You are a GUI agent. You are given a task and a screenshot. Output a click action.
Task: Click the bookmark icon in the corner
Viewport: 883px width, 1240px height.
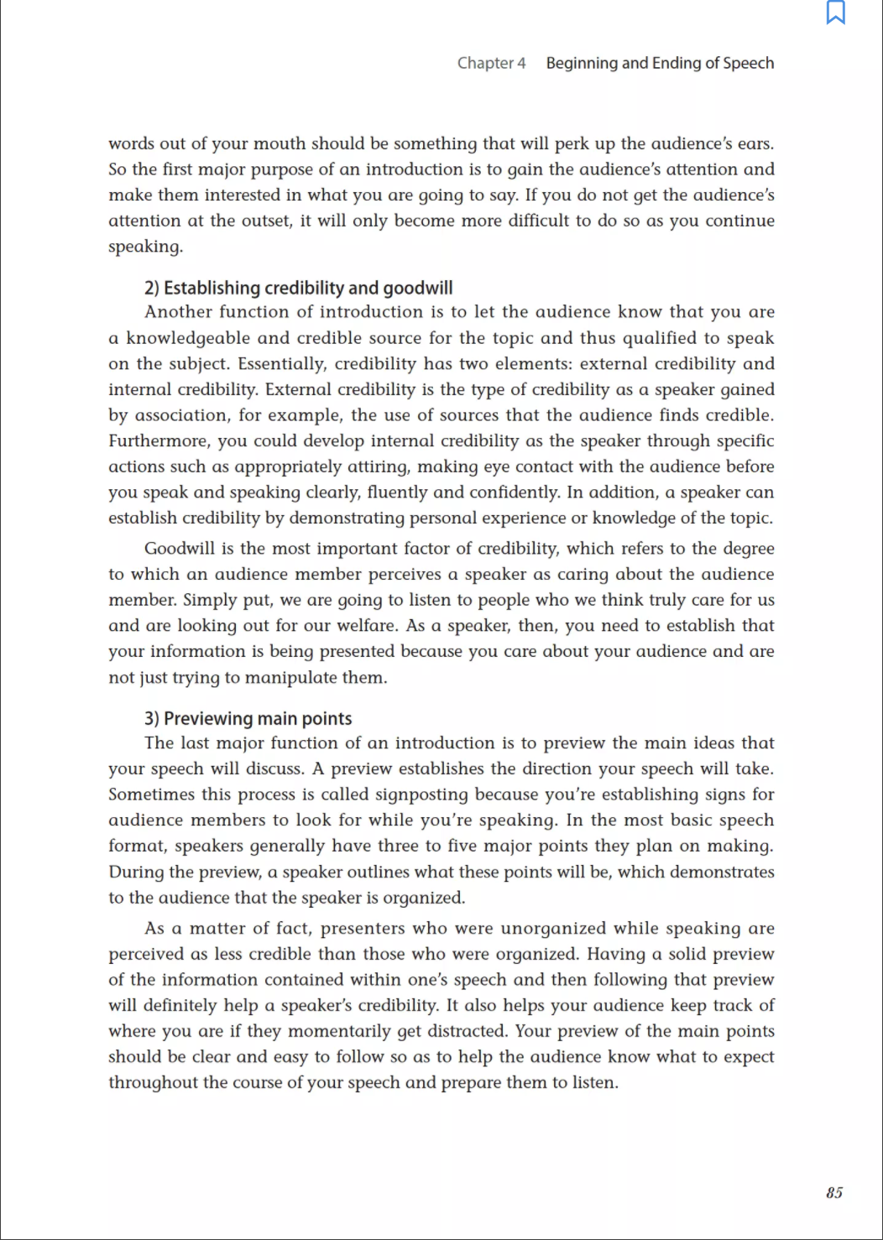click(x=836, y=13)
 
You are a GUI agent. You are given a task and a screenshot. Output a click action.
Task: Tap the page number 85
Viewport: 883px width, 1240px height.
click(x=834, y=1193)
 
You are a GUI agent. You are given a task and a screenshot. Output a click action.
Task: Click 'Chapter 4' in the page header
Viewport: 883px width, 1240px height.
click(x=491, y=63)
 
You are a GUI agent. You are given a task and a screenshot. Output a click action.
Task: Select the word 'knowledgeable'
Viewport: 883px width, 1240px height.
click(x=188, y=338)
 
